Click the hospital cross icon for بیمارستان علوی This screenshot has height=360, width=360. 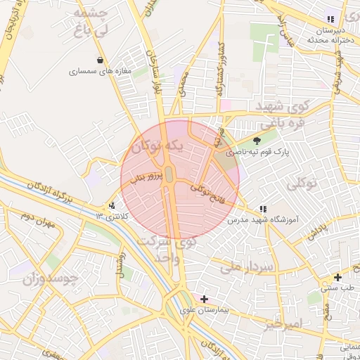(x=204, y=299)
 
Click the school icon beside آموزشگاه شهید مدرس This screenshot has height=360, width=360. (x=262, y=209)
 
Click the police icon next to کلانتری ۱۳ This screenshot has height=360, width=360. (x=112, y=206)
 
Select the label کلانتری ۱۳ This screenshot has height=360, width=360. (x=112, y=216)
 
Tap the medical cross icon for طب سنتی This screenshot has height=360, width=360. (x=338, y=277)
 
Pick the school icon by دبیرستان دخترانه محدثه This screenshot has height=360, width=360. (x=330, y=19)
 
